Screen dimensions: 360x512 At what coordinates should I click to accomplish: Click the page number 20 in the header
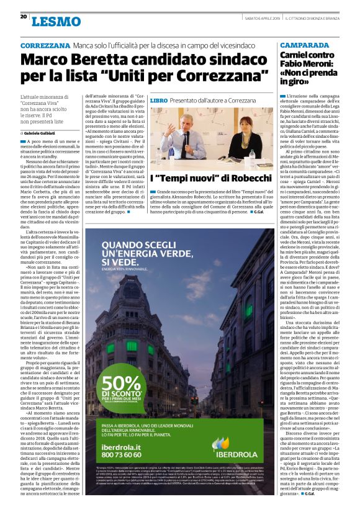coord(23,17)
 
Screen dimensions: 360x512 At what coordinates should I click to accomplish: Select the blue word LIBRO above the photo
coord(159,100)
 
